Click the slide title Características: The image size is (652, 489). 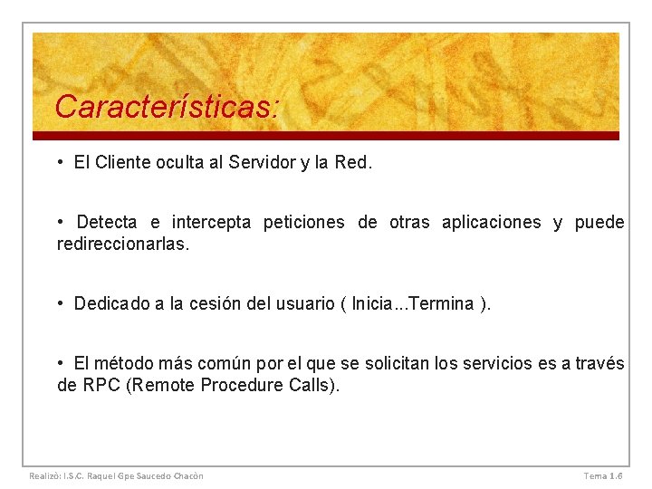coord(167,108)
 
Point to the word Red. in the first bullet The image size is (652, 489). coord(353,163)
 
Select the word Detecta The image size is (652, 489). coord(107,223)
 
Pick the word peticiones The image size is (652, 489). coord(304,223)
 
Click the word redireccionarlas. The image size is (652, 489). coord(123,244)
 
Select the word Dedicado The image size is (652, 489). coord(113,304)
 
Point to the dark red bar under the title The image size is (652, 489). coord(326,136)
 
